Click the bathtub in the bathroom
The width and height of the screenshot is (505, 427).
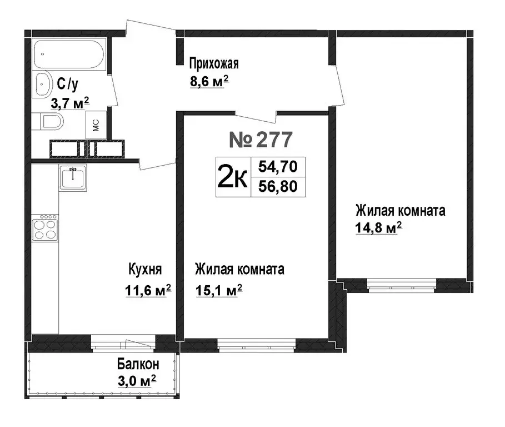click(68, 54)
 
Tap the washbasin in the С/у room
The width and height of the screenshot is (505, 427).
click(43, 85)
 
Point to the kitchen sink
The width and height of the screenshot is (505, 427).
click(73, 177)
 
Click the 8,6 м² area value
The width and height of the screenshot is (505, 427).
click(209, 82)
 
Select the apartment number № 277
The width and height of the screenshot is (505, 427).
click(261, 140)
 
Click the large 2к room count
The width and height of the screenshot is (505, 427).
click(232, 177)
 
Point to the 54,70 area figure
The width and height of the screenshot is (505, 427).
click(278, 166)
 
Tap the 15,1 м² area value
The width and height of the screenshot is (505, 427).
click(219, 290)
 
